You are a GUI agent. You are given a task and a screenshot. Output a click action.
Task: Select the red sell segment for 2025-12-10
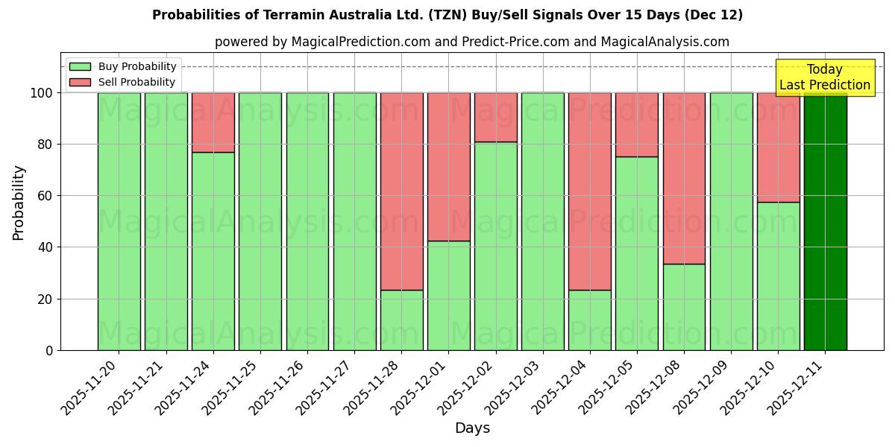[x=778, y=147]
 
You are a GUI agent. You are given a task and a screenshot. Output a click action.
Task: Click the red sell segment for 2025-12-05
[x=637, y=124]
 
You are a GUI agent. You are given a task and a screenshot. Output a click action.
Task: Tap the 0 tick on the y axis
[x=50, y=350]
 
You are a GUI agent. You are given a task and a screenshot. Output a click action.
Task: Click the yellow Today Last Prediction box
[x=824, y=77]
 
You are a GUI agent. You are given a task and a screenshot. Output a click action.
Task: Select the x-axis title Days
[x=472, y=428]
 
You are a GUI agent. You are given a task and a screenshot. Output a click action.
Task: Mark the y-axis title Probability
[x=19, y=202]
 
